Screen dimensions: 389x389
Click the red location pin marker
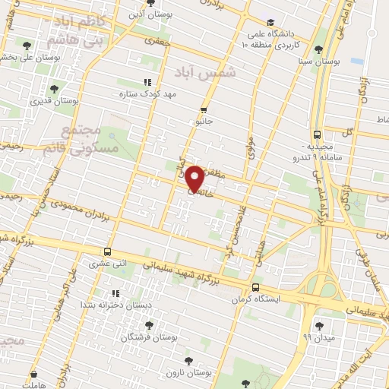[194, 178]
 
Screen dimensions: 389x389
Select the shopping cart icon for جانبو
[203, 109]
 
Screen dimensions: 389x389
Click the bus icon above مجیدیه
[318, 134]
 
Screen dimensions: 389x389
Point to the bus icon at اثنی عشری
[107, 251]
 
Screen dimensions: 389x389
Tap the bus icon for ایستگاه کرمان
[255, 288]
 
